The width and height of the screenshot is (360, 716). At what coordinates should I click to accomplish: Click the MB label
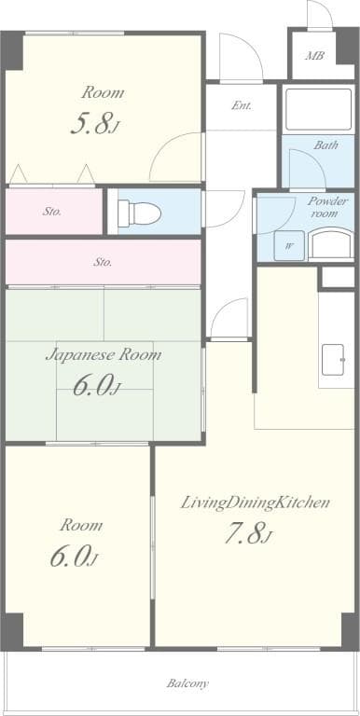315,56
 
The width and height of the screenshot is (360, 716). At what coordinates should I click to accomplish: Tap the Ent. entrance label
242,105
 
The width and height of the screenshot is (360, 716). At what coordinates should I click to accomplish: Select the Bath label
325,145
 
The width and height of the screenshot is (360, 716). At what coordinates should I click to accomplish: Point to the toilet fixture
142,213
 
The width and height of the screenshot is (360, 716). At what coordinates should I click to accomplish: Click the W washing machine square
288,246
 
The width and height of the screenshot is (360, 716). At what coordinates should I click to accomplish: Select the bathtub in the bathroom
318,110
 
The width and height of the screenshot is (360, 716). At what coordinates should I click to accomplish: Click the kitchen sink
334,360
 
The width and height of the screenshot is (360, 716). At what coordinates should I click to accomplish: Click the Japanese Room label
104,355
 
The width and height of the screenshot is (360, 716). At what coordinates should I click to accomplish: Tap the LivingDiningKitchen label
255,503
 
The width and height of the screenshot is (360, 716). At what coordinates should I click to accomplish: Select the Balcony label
187,683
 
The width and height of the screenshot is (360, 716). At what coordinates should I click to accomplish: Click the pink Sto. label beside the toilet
52,212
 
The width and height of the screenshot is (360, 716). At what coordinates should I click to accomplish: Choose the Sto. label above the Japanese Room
102,262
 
